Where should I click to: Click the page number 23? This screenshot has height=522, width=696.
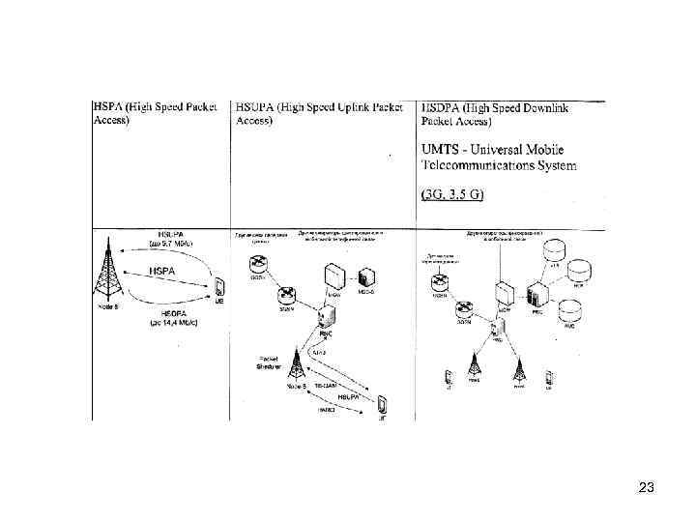(x=647, y=488)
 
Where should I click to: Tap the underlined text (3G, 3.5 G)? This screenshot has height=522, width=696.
(x=451, y=194)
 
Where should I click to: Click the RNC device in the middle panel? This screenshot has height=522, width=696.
(x=326, y=316)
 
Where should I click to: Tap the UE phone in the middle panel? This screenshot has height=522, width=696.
(x=384, y=402)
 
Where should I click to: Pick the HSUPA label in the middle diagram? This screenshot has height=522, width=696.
(x=345, y=394)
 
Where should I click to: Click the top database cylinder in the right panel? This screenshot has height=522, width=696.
(x=554, y=249)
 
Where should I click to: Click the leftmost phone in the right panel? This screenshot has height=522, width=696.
(x=448, y=375)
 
